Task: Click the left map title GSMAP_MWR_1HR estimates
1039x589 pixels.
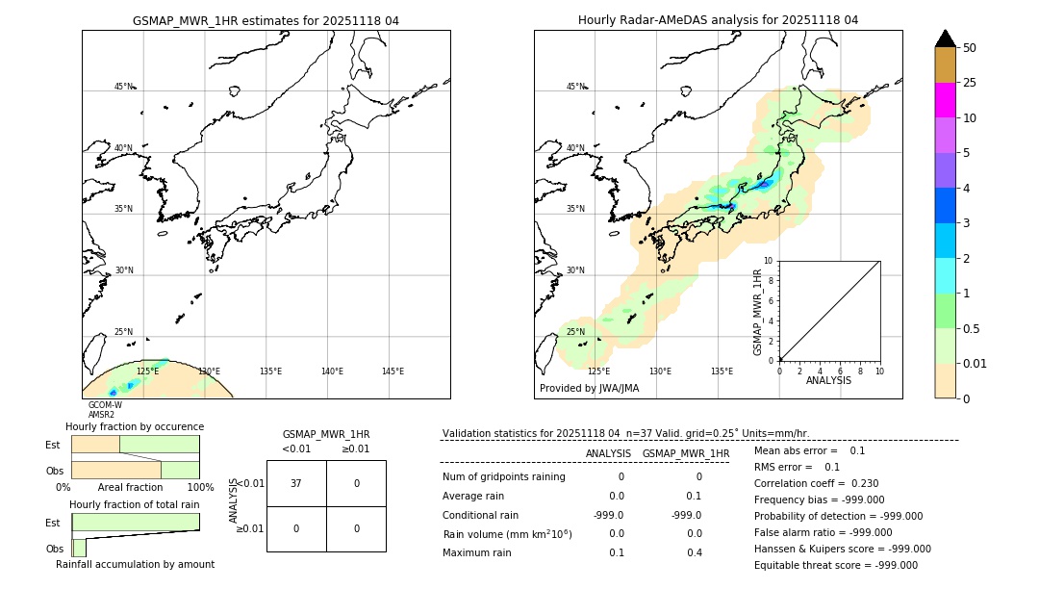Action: (266, 20)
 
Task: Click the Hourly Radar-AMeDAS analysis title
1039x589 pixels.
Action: (718, 20)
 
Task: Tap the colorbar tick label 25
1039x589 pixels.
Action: (971, 83)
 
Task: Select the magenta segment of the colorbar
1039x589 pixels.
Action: (946, 100)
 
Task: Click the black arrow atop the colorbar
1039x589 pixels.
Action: (946, 38)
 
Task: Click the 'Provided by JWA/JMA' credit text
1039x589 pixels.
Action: (589, 389)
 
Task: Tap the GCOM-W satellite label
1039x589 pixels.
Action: (105, 405)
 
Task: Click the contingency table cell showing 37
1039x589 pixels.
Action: (296, 483)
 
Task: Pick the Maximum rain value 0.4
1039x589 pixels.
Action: (694, 552)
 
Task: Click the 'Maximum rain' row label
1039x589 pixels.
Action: (478, 552)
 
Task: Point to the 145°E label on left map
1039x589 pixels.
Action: (393, 371)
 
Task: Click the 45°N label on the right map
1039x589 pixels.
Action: (575, 87)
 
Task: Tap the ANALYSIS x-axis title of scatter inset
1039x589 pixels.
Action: (828, 380)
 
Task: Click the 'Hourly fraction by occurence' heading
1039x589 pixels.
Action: (135, 426)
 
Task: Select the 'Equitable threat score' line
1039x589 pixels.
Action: (835, 565)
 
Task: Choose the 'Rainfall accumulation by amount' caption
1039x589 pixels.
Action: (135, 565)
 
